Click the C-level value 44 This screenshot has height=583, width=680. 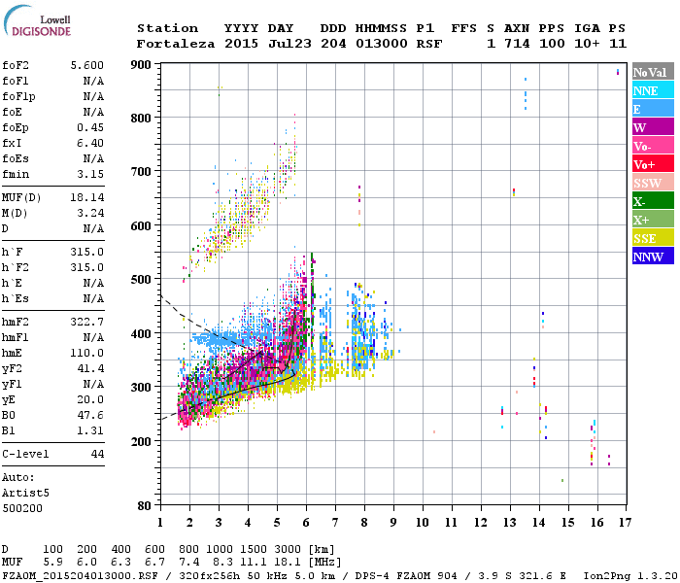tap(97, 454)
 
